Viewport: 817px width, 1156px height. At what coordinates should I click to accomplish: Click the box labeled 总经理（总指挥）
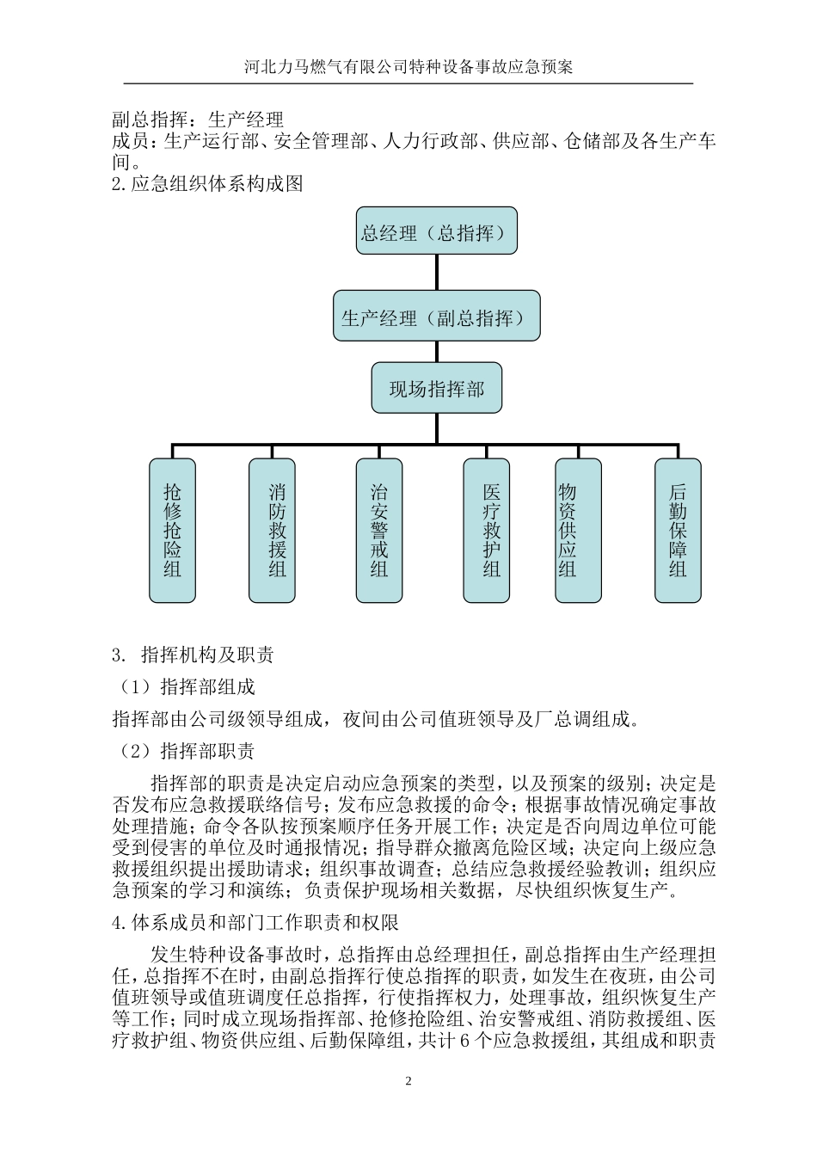[x=436, y=231]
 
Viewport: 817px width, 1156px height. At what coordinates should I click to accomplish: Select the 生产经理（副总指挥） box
[x=436, y=318]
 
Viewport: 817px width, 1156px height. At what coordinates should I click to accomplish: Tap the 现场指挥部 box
[x=436, y=388]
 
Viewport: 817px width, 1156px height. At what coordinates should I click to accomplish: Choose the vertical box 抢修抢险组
[x=172, y=530]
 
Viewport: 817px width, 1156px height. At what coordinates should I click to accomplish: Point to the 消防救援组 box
[x=272, y=530]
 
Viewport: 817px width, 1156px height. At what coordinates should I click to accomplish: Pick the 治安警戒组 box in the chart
[x=379, y=530]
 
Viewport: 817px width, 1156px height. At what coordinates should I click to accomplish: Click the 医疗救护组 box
[x=486, y=530]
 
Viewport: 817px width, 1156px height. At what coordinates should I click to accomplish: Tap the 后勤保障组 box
[x=678, y=530]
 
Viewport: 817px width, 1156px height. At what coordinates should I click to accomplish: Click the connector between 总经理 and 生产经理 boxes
[x=436, y=273]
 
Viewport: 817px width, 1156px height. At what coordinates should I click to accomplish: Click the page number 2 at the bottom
[x=408, y=1081]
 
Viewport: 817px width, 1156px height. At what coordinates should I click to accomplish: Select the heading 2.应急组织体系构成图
[x=207, y=183]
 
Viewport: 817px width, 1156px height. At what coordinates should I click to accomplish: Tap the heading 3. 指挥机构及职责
[x=193, y=655]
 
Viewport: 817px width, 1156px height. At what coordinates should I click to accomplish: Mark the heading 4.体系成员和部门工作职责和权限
[x=255, y=923]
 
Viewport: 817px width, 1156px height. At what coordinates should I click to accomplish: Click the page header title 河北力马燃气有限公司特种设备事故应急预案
[x=408, y=67]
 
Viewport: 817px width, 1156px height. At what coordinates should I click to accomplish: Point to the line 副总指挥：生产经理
[x=198, y=120]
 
